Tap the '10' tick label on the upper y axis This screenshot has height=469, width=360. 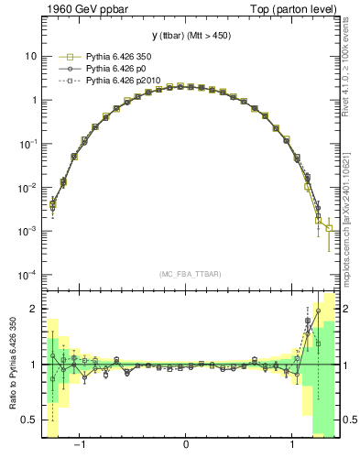point(30,56)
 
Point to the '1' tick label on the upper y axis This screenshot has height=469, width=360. point(33,100)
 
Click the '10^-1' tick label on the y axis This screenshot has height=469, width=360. point(28,144)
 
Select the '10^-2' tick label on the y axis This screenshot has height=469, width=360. point(28,188)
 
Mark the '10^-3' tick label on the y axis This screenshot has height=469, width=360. point(28,232)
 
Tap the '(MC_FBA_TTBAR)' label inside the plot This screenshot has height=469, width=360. point(186,275)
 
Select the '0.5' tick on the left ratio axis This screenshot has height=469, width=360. point(29,420)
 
